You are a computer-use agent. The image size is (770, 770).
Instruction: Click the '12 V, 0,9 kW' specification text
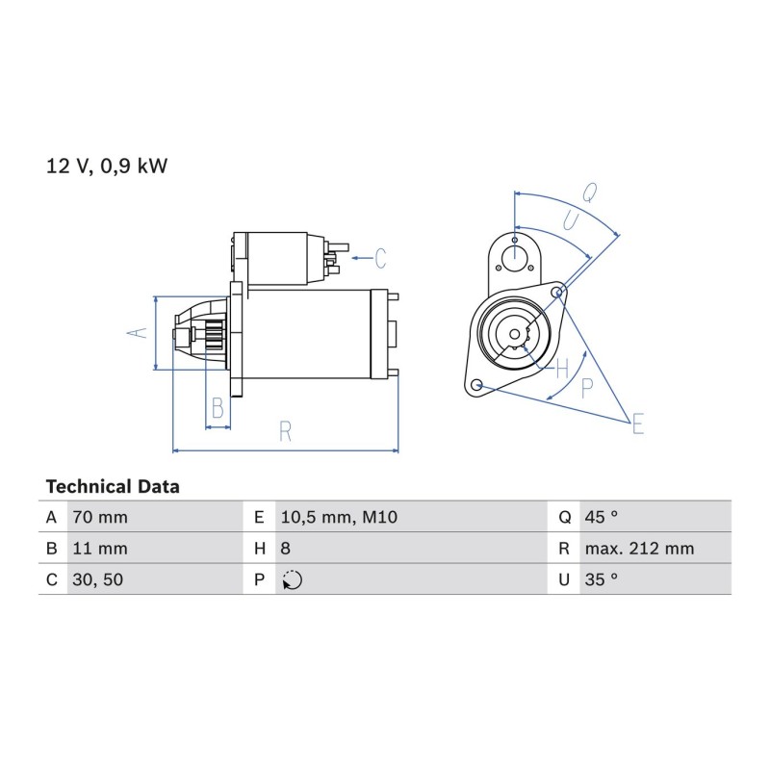107,167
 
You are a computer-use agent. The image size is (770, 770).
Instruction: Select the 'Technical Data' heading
113,487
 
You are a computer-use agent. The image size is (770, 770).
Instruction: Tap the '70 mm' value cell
100,517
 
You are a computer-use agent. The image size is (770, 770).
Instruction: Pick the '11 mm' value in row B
100,549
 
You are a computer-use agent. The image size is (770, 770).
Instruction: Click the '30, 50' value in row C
98,580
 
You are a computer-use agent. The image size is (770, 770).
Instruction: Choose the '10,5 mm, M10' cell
339,517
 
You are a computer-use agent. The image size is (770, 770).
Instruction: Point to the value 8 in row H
285,549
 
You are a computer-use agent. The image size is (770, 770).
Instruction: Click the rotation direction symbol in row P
293,580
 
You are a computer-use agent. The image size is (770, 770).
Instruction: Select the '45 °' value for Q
601,517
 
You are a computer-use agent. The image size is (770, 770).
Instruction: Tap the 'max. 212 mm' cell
639,549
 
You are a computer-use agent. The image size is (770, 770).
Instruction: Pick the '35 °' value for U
601,579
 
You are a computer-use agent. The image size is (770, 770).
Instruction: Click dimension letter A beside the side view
138,332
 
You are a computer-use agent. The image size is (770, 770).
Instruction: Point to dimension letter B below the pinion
218,407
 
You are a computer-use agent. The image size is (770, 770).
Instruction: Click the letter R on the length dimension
285,431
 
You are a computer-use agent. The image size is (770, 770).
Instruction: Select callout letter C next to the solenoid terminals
380,258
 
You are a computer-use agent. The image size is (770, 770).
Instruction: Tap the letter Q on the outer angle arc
590,192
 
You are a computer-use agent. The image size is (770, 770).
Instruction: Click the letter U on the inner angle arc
571,221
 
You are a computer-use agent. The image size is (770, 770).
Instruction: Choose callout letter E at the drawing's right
638,423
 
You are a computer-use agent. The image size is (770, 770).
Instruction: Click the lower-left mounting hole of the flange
475,384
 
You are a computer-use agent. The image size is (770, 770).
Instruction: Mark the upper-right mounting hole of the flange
557,293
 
